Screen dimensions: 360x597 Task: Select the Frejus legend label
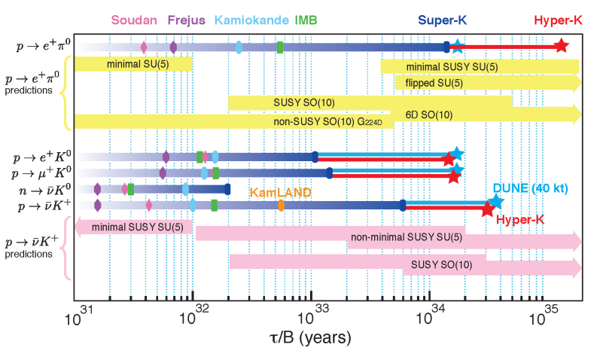tap(186, 20)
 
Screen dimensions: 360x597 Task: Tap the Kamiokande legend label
tap(246, 20)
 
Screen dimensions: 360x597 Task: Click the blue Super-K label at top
tap(443, 20)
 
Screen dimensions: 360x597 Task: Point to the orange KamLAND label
tap(282, 192)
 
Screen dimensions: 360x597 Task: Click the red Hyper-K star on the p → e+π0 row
tap(561, 47)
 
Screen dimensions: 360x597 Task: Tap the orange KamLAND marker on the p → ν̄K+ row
tap(281, 205)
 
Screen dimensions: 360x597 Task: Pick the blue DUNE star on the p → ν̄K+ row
tap(495, 202)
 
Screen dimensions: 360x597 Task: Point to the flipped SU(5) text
tap(433, 82)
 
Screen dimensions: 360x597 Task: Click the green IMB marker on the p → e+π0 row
tap(280, 47)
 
